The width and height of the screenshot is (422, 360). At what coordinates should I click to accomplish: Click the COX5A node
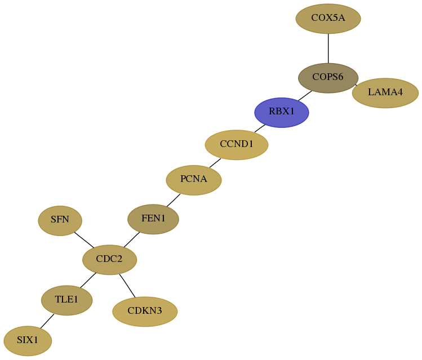click(x=328, y=19)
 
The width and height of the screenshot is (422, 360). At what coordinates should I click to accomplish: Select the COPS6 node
click(x=328, y=78)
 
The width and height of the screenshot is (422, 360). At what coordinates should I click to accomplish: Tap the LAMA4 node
click(x=385, y=93)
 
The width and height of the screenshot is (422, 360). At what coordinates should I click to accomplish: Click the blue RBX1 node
click(x=282, y=113)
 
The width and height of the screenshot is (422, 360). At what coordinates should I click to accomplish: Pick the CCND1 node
click(x=237, y=145)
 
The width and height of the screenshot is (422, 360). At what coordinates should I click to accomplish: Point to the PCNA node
click(x=194, y=180)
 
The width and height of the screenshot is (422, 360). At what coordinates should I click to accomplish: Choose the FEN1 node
click(x=153, y=219)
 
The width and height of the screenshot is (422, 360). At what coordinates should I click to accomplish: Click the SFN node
click(x=60, y=221)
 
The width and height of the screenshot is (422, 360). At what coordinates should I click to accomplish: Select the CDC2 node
click(x=109, y=260)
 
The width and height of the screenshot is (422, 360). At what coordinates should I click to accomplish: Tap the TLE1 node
click(x=66, y=300)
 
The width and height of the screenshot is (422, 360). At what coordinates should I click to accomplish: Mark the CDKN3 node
click(x=145, y=312)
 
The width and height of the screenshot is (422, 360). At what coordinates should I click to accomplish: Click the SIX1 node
click(x=28, y=341)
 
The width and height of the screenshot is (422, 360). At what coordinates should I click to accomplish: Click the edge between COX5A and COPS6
click(x=328, y=48)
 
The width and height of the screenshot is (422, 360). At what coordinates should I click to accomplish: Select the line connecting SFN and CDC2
click(x=85, y=240)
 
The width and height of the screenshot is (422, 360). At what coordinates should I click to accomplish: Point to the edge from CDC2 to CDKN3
click(x=127, y=286)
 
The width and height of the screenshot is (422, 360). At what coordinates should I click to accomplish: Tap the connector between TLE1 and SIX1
click(x=47, y=321)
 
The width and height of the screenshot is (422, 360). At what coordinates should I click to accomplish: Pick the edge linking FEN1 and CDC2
click(x=132, y=239)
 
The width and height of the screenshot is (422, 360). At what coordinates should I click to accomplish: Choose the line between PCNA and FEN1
click(x=174, y=200)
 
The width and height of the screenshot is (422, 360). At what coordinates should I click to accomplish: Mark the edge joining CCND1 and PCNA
click(x=215, y=163)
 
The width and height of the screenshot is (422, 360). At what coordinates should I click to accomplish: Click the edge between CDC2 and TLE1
click(x=88, y=280)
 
